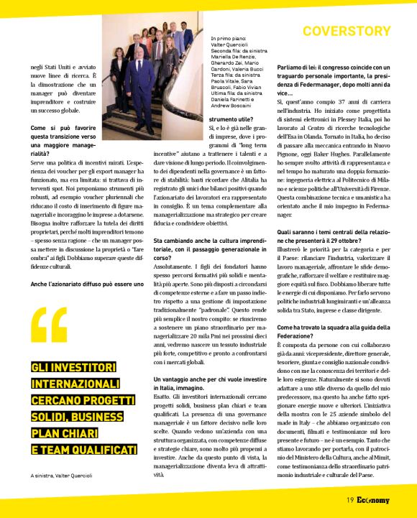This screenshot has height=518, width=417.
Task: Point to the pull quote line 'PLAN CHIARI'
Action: point(67,433)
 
